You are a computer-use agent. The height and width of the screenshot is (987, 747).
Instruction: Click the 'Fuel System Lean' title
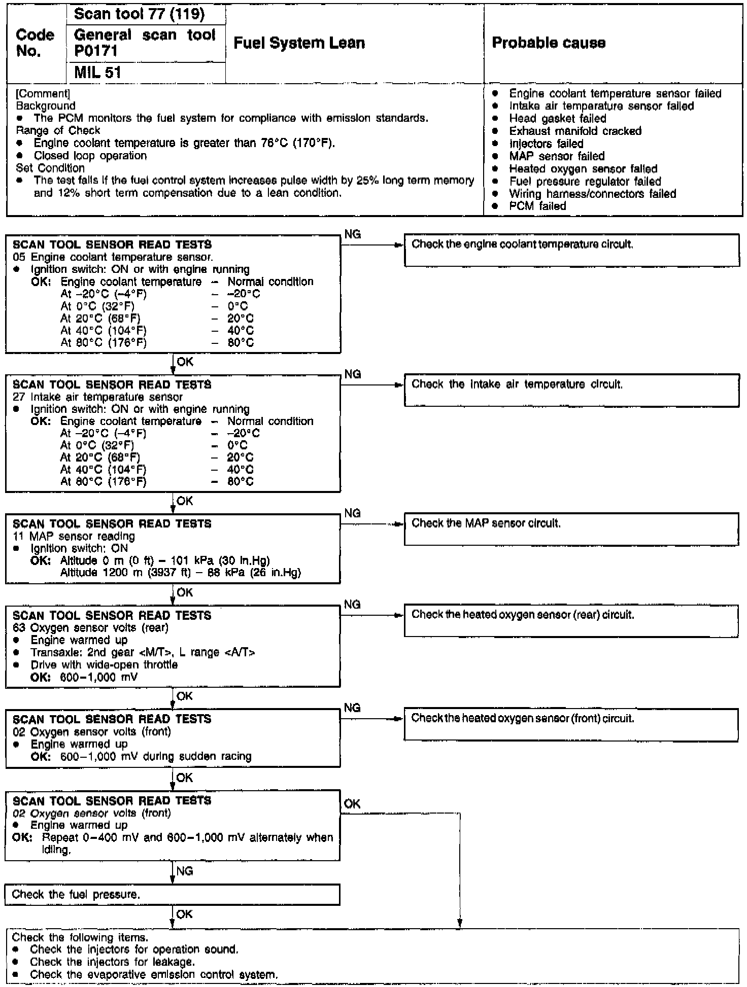tap(299, 43)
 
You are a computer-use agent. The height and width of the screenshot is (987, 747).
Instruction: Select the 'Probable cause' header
tap(549, 43)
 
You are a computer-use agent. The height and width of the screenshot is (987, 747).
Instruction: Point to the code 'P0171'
tap(96, 51)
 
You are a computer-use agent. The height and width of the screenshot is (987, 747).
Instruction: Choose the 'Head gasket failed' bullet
tap(557, 119)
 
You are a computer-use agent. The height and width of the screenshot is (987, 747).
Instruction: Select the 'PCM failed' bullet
tap(537, 206)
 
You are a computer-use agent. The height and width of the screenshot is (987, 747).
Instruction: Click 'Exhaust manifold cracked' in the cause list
tap(575, 131)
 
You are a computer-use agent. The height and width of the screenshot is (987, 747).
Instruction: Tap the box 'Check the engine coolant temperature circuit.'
tap(571, 250)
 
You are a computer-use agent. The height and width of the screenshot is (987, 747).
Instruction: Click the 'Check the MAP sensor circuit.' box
tap(571, 529)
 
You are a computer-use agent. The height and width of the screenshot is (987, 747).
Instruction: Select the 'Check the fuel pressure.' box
tap(173, 895)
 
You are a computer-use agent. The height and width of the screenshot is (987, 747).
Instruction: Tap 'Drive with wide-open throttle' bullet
tap(104, 665)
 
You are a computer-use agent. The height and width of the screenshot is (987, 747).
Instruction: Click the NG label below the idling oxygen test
tap(185, 871)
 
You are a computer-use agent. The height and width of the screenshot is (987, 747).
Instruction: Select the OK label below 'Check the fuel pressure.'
tap(185, 914)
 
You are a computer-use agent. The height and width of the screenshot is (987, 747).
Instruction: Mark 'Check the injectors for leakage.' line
tap(112, 962)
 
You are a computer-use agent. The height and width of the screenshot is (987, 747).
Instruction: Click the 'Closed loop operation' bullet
tap(90, 156)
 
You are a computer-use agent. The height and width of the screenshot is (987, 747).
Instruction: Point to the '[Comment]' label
tap(43, 94)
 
